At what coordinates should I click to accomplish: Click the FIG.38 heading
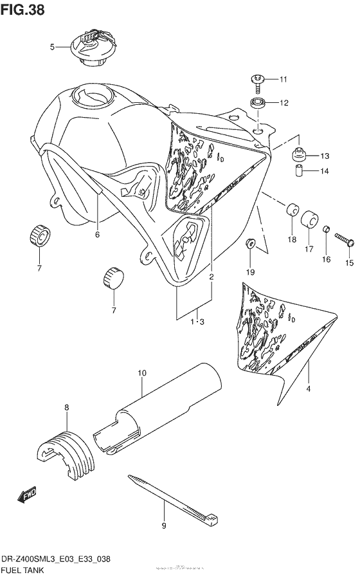[x=22, y=11]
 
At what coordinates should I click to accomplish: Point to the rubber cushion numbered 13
[x=298, y=155]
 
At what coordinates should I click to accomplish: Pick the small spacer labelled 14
[x=299, y=172]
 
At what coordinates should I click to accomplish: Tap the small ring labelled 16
[x=327, y=230]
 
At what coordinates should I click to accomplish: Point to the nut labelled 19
[x=251, y=244]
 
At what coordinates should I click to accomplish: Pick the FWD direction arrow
[x=27, y=496]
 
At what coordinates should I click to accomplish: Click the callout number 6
[x=98, y=235]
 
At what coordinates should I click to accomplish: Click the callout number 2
[x=211, y=277]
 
